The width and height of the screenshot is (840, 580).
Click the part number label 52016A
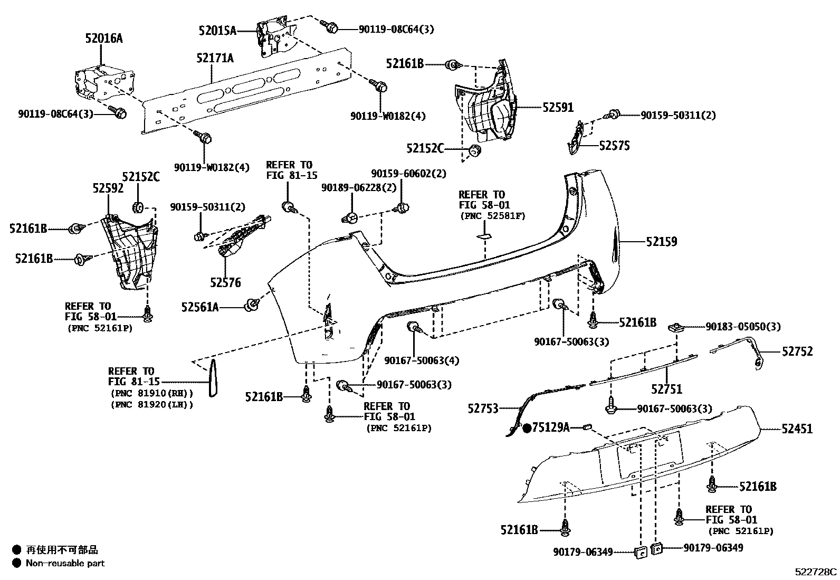[x=104, y=38]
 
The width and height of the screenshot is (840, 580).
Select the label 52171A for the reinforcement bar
[x=215, y=58]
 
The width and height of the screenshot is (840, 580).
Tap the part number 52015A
[x=217, y=31]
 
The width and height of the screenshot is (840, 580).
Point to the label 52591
[x=558, y=107]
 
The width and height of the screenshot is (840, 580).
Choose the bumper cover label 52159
[x=662, y=242]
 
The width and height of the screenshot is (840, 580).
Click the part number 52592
[x=108, y=188]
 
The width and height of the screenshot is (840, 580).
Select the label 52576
[x=225, y=283]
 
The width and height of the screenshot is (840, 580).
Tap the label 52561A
[x=200, y=307]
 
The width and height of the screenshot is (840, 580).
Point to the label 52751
[x=666, y=389]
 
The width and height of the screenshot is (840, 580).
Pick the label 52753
[x=483, y=408]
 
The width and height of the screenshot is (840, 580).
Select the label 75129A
[x=551, y=427]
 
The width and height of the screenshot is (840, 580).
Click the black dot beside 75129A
[x=527, y=428]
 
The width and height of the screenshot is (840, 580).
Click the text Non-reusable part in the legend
[x=65, y=563]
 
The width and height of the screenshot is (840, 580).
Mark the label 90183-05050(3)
[x=743, y=327]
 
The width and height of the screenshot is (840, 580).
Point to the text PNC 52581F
[x=493, y=215]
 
